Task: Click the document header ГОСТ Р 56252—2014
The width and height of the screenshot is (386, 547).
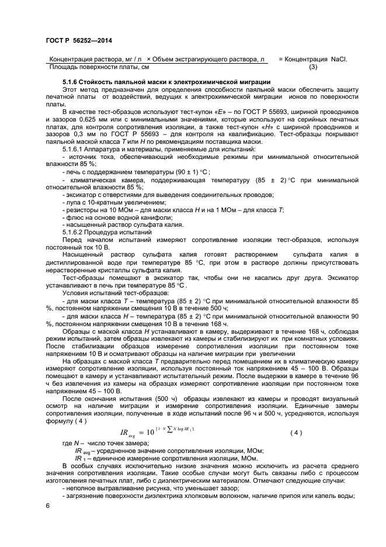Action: pos(79,39)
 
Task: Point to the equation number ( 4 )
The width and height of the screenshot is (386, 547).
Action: pos(297,432)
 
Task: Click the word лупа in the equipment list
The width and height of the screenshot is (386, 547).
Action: pos(74,202)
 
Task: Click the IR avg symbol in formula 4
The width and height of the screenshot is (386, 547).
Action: pos(129,434)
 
